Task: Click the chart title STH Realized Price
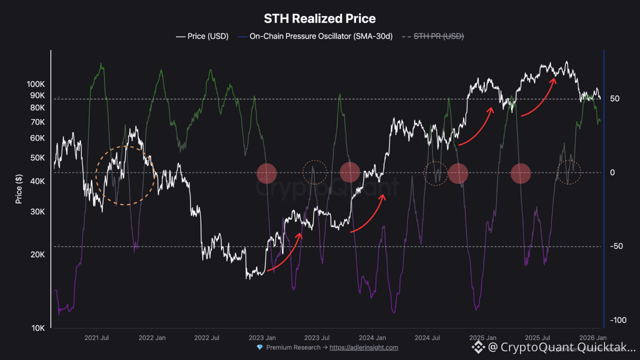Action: [319, 19]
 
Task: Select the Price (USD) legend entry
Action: [202, 36]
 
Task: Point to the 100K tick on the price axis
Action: [36, 84]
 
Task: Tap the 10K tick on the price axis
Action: [38, 328]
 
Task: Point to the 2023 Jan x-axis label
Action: [262, 338]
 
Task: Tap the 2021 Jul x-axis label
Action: [97, 338]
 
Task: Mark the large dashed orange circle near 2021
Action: [125, 175]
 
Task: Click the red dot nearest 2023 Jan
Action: [266, 173]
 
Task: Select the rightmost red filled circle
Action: [520, 173]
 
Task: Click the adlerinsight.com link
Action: [363, 347]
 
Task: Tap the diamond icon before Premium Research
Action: [259, 347]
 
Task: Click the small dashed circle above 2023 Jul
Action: [314, 172]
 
